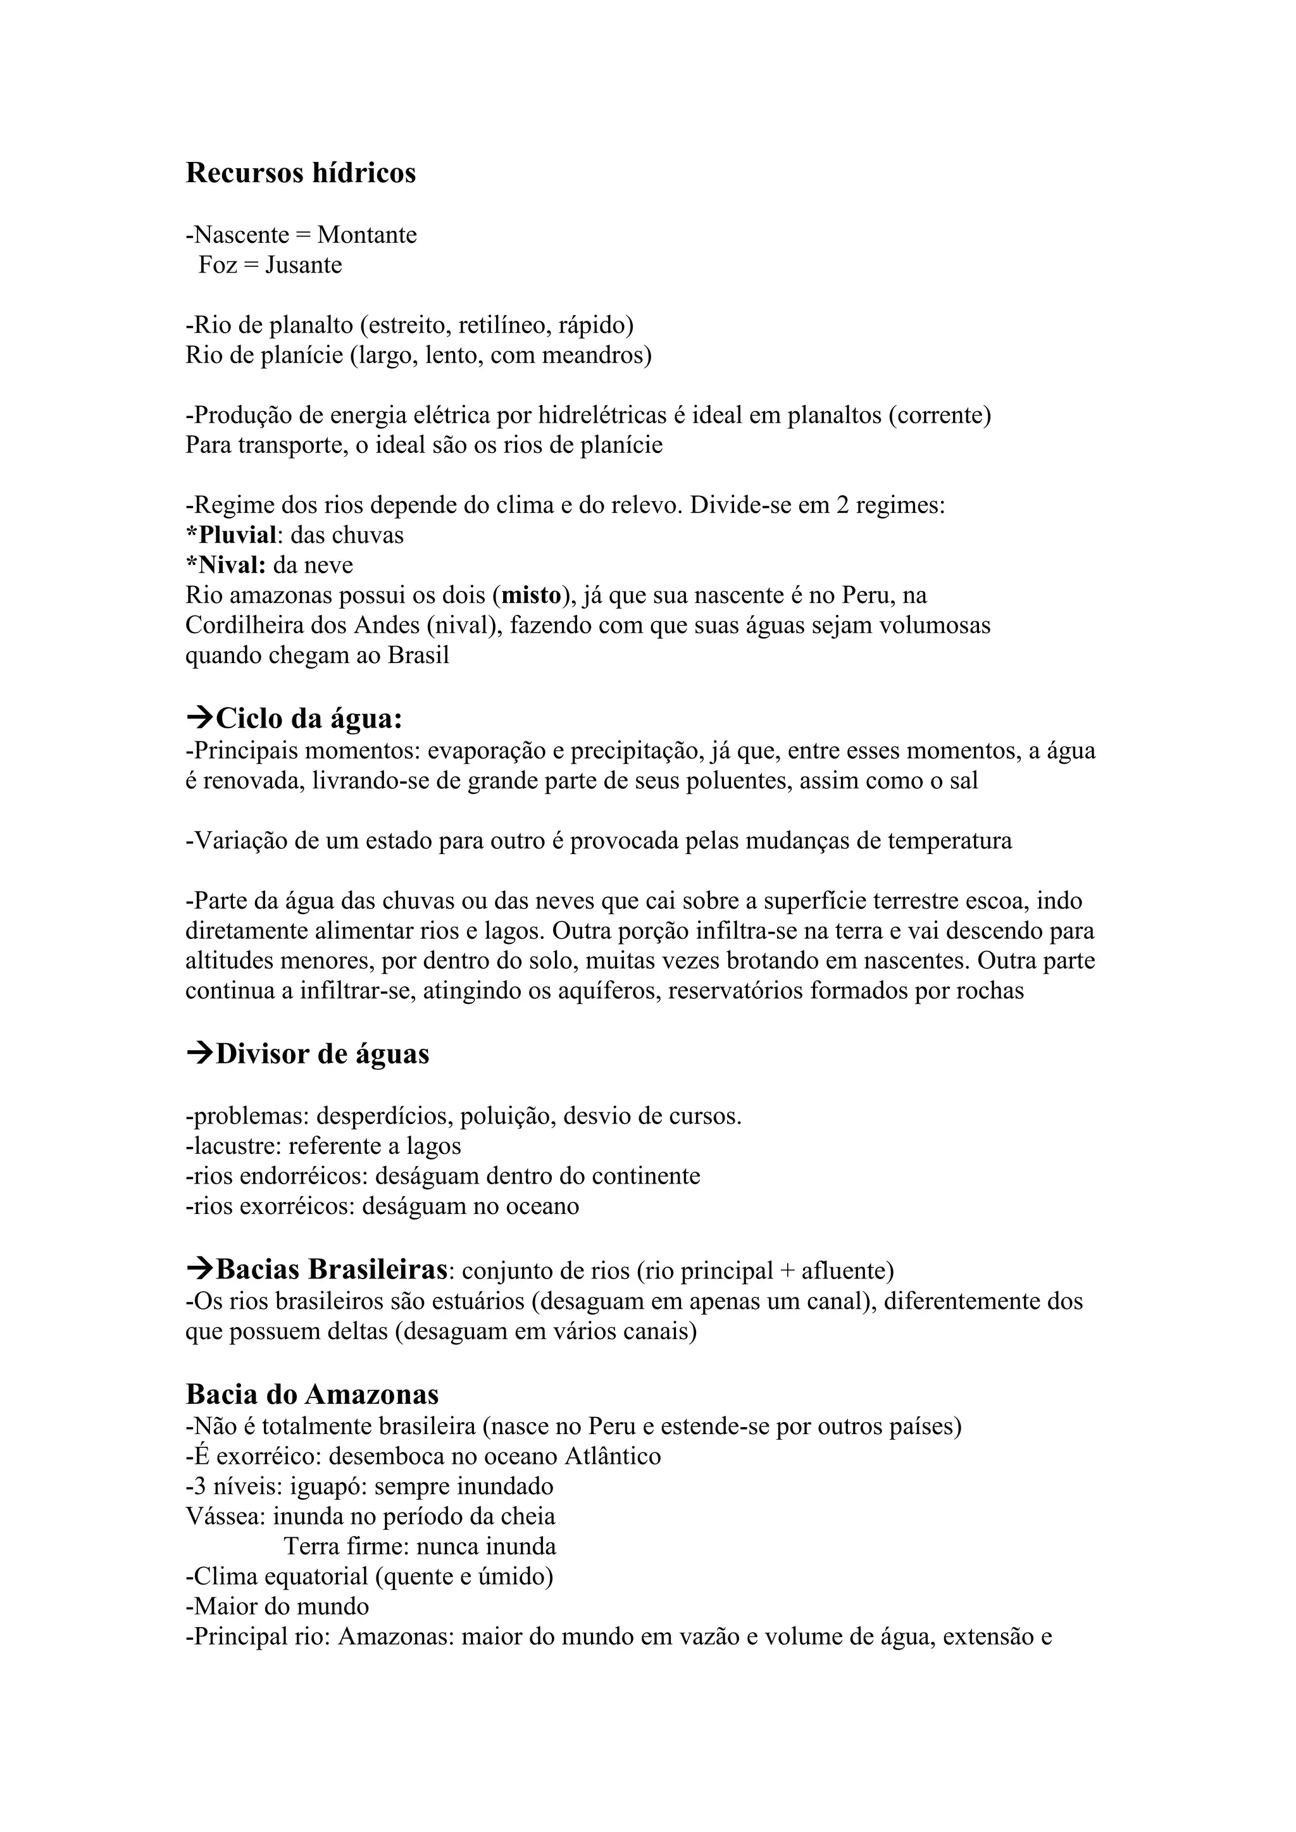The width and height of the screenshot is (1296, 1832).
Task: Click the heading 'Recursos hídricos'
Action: tap(301, 173)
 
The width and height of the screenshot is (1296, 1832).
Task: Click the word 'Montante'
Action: tap(366, 235)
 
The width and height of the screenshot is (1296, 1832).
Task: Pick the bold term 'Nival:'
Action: tap(230, 565)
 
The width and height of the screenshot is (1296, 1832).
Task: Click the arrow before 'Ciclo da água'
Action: tap(199, 718)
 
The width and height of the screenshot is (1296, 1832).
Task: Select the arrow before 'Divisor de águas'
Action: tap(199, 1053)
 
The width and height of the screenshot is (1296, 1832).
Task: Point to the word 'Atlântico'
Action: tap(612, 1456)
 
